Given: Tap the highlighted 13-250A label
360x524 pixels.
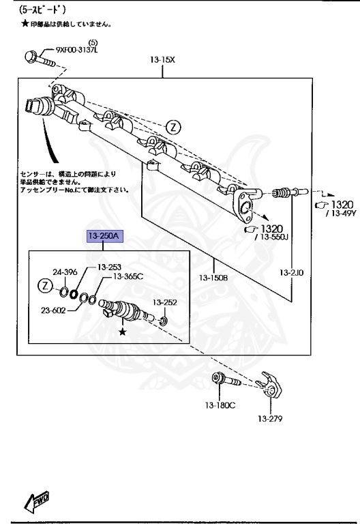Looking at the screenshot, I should (104, 237).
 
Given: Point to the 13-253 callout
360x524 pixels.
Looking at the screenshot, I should (109, 267).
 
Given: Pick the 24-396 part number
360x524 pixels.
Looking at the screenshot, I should (65, 272).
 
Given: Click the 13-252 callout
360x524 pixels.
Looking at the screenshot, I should (164, 302).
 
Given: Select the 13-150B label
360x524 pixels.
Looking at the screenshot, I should (213, 277).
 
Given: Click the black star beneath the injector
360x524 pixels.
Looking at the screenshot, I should (123, 332).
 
